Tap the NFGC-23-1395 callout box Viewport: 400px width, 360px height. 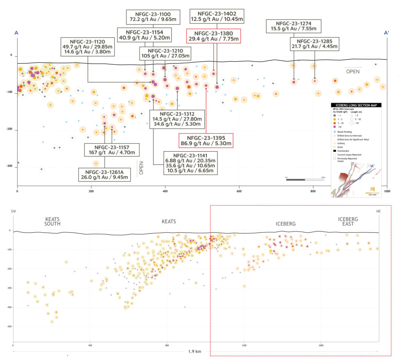(x=206, y=141)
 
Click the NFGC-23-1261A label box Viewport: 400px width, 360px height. (x=107, y=174)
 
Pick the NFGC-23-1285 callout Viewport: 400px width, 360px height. (x=314, y=44)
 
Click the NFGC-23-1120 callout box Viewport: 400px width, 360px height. (x=87, y=46)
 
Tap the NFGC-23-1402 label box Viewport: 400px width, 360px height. (x=216, y=16)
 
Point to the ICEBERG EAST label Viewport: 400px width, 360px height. (x=348, y=222)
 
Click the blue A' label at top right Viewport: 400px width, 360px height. (x=386, y=33)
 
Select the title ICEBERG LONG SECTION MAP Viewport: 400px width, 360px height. (x=356, y=105)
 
